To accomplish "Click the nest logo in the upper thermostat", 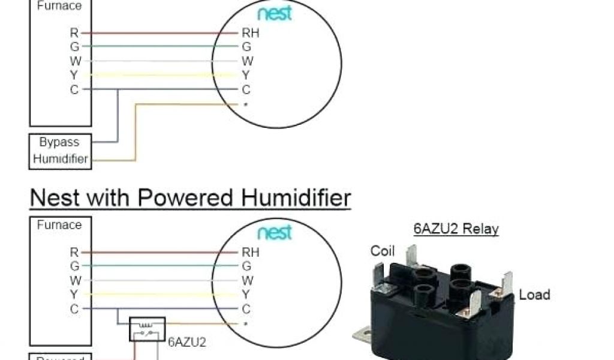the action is point(275,14).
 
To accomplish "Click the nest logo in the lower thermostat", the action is point(275,232).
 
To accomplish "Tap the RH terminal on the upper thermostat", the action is point(251,33).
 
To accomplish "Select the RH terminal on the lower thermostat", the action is point(251,252).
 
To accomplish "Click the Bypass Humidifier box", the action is point(61,151).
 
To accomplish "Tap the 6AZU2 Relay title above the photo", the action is point(456,229).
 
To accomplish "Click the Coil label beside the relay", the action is point(383,251).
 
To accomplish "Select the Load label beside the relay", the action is point(534,295).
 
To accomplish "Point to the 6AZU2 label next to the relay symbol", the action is point(186,342).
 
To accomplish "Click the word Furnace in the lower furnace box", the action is point(59,225).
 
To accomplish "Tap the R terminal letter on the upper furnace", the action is point(74,33).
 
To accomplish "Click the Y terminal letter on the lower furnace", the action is point(74,295).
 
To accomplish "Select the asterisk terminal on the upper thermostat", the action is point(246,105).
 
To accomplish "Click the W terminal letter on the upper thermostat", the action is point(247,61).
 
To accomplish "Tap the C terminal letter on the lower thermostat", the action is point(246,309).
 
